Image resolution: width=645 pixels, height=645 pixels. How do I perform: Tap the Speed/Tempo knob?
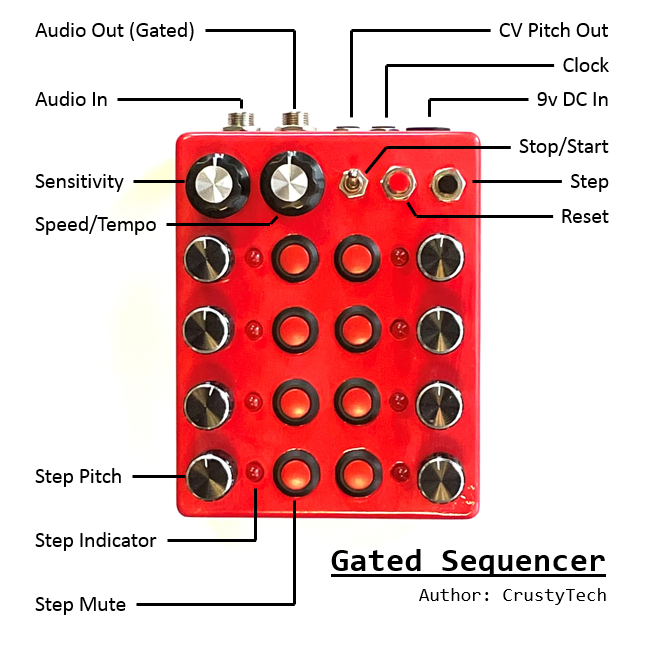point(290,182)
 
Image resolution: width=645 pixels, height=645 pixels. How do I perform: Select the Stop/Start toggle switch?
point(353,183)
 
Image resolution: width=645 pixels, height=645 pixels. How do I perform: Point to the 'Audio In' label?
point(71,99)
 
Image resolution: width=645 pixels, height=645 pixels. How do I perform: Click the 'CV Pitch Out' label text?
point(553,30)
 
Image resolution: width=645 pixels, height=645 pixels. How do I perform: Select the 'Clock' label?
point(585,65)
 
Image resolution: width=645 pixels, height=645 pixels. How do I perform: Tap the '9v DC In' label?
point(572,99)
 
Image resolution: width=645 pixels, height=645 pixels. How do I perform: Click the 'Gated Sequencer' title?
point(468,561)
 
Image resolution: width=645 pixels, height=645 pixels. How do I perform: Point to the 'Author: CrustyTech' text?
point(512,595)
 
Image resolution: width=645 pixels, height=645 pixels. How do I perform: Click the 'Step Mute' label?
point(80,604)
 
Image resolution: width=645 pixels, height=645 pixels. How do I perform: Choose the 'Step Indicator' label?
point(95,540)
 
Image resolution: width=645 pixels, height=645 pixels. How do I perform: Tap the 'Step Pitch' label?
point(78,476)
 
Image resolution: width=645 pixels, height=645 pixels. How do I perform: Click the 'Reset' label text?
point(584,216)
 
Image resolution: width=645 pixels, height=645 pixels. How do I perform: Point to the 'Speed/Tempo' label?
point(95,224)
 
